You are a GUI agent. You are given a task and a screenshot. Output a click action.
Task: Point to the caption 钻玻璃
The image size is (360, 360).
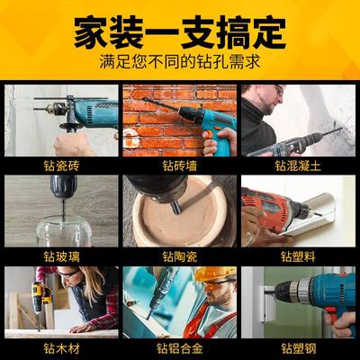61,256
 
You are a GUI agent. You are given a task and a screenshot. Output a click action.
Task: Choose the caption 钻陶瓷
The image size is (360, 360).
179,256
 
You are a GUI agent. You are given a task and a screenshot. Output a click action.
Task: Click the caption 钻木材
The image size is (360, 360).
61,346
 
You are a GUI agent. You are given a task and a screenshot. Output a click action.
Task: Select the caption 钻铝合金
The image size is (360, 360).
179,346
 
